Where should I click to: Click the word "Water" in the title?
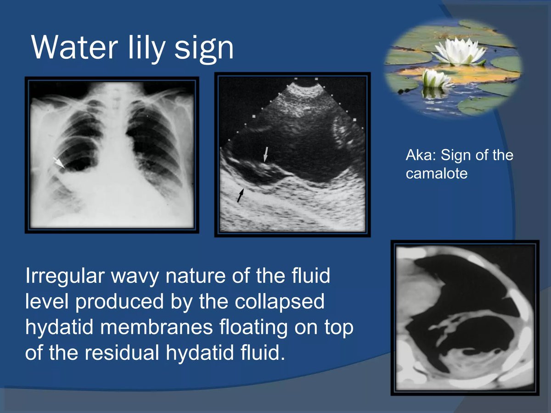point(74,47)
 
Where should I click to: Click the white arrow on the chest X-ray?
point(59,163)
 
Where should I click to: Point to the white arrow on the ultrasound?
point(265,155)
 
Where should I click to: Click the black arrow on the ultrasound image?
point(241,195)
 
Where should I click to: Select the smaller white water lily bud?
point(436,78)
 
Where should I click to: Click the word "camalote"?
point(437,173)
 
